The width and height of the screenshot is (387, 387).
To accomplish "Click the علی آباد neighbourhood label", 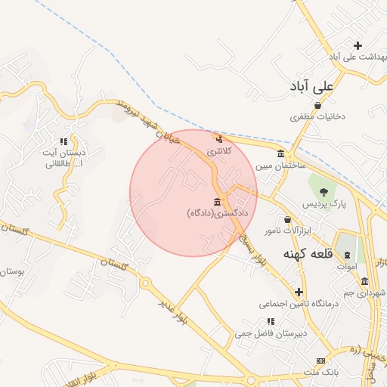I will pyautogui.click(x=313, y=88).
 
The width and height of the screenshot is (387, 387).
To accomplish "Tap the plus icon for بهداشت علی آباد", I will pyautogui.click(x=358, y=45).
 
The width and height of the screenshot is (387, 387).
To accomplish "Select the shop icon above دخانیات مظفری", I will pyautogui.click(x=318, y=105).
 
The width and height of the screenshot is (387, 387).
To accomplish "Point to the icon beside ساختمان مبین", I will pyautogui.click(x=280, y=153).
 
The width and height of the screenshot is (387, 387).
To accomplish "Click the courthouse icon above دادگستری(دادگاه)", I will pyautogui.click(x=218, y=201).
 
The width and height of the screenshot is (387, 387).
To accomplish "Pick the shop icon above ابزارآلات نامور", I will pyautogui.click(x=266, y=219).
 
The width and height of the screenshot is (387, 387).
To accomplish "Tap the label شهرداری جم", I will pyautogui.click(x=369, y=292).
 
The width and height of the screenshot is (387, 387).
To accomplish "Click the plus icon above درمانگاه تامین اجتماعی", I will pyautogui.click(x=299, y=291).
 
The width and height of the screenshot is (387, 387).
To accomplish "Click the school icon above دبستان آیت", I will pyautogui.click(x=64, y=141).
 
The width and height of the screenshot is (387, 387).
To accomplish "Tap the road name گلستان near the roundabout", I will pyautogui.click(x=116, y=264).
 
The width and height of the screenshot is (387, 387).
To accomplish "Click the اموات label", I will pyautogui.click(x=345, y=266).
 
